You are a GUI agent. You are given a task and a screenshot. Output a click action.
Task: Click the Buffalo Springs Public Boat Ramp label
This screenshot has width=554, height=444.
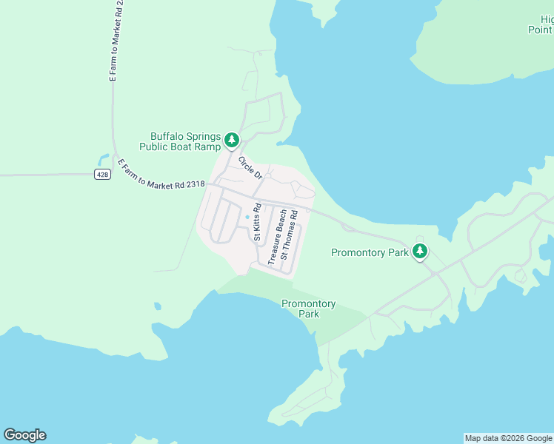185,141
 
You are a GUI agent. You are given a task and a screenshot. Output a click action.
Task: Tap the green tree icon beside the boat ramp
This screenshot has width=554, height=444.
232,140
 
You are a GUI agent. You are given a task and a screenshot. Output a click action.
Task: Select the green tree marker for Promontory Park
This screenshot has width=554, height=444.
420,252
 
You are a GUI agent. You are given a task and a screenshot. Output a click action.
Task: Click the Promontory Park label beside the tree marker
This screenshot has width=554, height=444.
370,252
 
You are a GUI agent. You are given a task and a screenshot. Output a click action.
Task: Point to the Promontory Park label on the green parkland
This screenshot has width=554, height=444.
308,309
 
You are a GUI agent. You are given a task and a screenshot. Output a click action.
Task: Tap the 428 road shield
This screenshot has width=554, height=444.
102,175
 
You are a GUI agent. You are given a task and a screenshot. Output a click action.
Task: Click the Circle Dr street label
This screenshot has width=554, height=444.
250,167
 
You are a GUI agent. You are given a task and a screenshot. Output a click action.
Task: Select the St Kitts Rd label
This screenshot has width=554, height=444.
257,222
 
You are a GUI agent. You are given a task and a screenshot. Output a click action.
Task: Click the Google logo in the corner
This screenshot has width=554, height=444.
24,435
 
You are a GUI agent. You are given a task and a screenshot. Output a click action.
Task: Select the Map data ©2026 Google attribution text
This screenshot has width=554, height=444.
508,438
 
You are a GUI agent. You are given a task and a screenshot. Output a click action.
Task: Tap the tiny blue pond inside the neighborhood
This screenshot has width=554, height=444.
247,217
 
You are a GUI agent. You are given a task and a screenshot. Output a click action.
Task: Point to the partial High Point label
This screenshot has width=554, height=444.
541,24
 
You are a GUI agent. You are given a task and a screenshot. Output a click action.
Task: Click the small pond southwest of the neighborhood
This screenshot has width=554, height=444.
157,306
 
